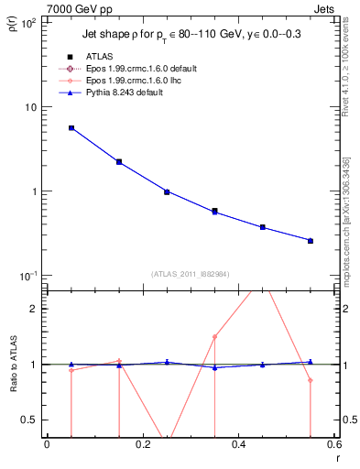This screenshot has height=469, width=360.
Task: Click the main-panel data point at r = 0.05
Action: pos(71,128)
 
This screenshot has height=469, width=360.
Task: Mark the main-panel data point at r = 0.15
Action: pos(119,162)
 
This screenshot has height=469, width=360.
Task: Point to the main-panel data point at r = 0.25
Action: pos(167,192)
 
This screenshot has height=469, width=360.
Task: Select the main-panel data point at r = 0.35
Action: pos(214,212)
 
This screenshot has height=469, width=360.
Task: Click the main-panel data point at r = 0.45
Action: pos(263,227)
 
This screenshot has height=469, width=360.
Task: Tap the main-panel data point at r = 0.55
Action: pos(311,241)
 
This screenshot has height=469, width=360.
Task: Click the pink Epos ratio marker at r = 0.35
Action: pos(214,336)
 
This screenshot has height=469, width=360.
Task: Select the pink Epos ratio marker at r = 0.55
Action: pos(311,380)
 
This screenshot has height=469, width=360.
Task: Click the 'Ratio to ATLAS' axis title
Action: pos(12,364)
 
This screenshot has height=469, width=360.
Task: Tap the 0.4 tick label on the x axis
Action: pos(238,444)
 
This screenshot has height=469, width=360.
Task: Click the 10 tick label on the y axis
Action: pos(29,107)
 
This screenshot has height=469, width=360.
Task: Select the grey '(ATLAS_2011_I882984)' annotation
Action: pos(191,273)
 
